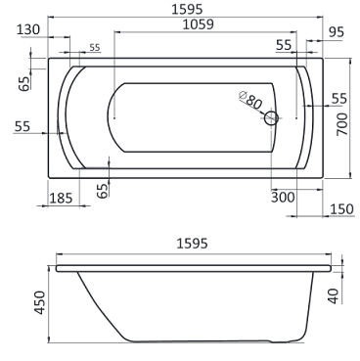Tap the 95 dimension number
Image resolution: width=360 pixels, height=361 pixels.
pos(337,33)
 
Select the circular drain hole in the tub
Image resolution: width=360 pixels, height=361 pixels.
pos(271,117)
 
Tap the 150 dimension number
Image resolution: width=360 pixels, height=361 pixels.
pos(341,210)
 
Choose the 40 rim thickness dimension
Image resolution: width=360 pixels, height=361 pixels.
pos(336,294)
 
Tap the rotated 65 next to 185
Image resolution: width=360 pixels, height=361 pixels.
pos(103,189)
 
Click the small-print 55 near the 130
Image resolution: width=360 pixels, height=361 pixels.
pos(95,47)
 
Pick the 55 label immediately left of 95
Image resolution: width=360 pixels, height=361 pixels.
pos(285,45)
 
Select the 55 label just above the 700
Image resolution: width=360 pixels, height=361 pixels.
pos(338,98)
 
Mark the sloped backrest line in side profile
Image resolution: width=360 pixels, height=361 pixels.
pos(97,304)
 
